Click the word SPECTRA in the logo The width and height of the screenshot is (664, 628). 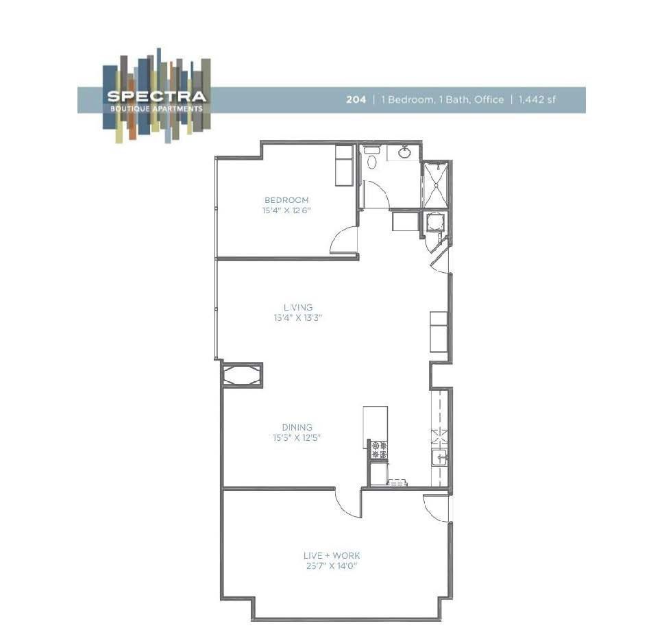coord(156,96)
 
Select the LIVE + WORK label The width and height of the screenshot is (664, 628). coord(331,555)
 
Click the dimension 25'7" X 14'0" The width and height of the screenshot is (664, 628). coord(331,566)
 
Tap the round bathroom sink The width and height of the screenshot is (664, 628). coord(405,152)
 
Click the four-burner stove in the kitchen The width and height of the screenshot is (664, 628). coord(378,450)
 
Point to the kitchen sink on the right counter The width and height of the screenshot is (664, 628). coord(441,458)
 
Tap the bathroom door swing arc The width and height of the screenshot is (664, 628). coord(376,194)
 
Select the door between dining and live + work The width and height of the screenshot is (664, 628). coord(348,504)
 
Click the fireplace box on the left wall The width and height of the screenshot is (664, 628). coord(241,375)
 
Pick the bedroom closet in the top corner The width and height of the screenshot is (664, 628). coord(343,165)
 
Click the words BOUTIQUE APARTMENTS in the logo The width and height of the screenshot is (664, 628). coord(156,108)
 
